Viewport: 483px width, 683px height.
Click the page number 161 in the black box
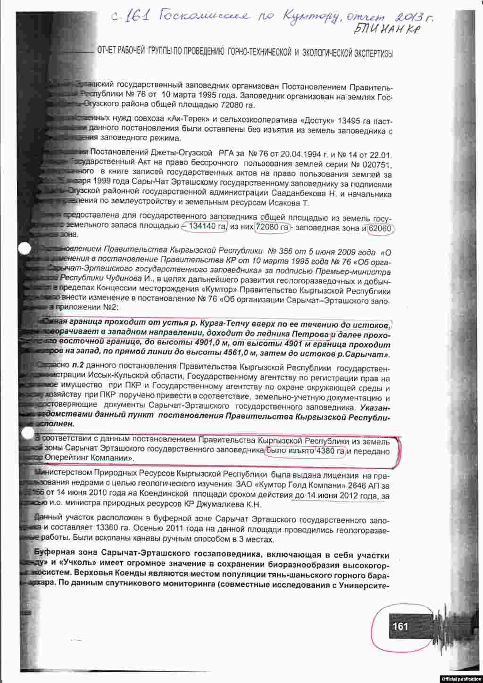click(400, 626)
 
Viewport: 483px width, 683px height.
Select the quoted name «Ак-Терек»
click(188, 117)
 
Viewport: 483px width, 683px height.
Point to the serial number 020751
click(375, 165)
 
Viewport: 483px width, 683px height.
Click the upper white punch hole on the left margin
click(24, 249)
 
